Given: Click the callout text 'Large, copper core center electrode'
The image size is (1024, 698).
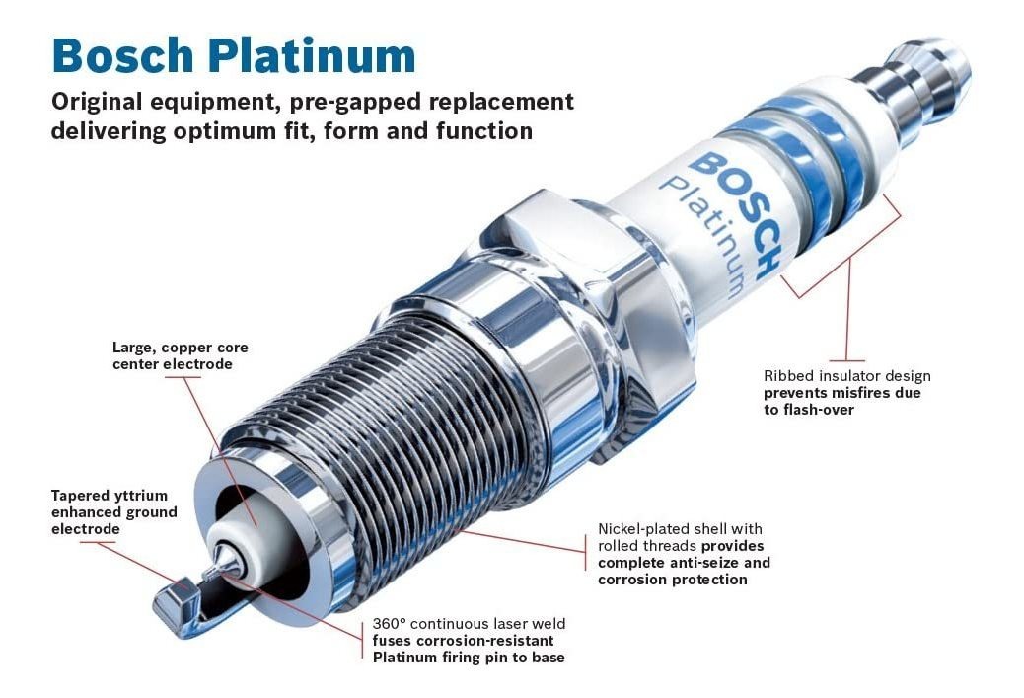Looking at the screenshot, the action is (180, 356).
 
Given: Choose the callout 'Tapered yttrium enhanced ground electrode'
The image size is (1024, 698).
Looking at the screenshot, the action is (113, 512).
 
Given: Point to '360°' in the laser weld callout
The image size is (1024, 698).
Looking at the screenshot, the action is (389, 624).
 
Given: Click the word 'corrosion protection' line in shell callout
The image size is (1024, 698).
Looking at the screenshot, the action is (672, 580).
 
